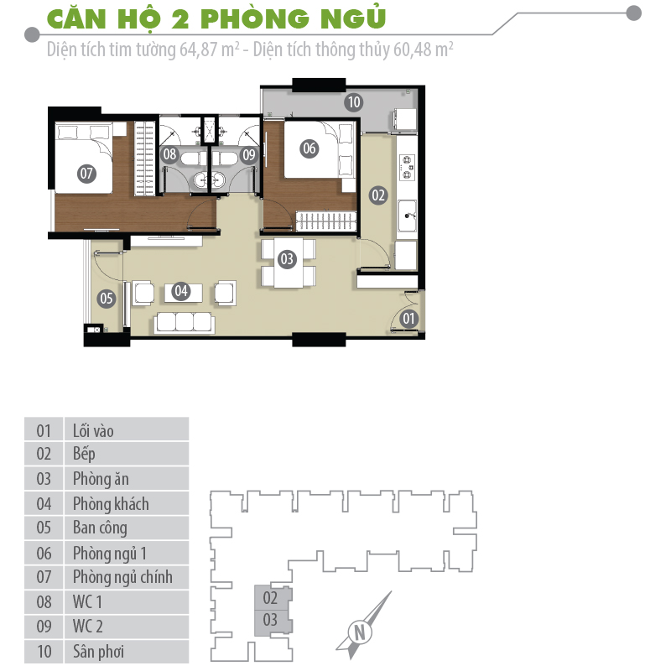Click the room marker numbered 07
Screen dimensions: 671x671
pyautogui.click(x=86, y=174)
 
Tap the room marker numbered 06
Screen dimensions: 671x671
pyautogui.click(x=309, y=148)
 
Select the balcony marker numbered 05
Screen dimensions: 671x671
pyautogui.click(x=106, y=297)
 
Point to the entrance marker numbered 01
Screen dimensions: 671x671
pyautogui.click(x=408, y=318)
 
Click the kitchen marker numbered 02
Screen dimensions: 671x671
pyautogui.click(x=378, y=195)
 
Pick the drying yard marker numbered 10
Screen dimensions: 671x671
pyautogui.click(x=353, y=102)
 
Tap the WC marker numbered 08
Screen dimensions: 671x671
pyautogui.click(x=170, y=154)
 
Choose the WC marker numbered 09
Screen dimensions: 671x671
pyautogui.click(x=248, y=154)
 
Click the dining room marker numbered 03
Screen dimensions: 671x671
pyautogui.click(x=287, y=259)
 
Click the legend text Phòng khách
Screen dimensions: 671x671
pyautogui.click(x=111, y=503)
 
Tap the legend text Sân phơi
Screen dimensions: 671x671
pyautogui.click(x=99, y=651)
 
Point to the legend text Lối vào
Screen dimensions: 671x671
pyautogui.click(x=93, y=430)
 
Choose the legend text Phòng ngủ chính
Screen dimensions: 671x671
pyautogui.click(x=122, y=577)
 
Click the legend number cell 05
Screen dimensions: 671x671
pyautogui.click(x=44, y=528)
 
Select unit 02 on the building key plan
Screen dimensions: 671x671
pyautogui.click(x=270, y=599)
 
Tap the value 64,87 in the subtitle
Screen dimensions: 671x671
pyautogui.click(x=197, y=49)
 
